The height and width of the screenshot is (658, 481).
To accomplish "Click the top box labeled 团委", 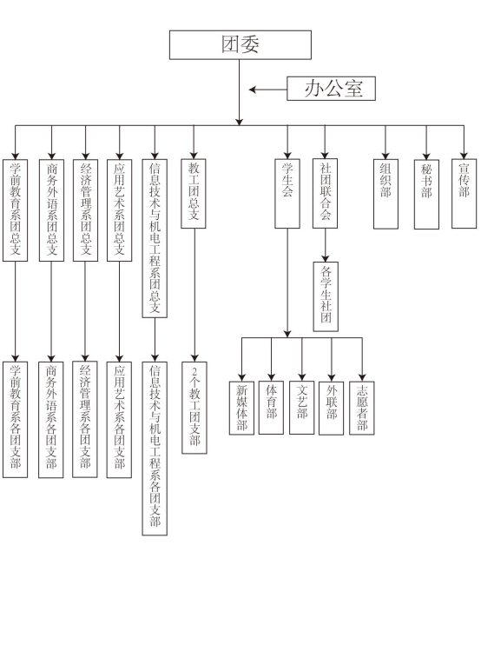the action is [x=240, y=45].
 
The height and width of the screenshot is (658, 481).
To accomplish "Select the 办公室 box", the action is [x=331, y=89].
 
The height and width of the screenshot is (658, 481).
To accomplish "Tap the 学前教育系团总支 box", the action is [x=15, y=210].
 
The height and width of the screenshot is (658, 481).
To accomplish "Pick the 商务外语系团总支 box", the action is [x=51, y=210].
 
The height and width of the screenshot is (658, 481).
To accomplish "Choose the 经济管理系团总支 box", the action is [x=85, y=210].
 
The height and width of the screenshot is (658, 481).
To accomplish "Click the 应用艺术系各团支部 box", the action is [x=120, y=420].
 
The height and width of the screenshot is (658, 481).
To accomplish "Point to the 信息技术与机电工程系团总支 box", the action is [x=155, y=238].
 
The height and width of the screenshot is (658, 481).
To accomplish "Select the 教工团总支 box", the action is [x=194, y=194].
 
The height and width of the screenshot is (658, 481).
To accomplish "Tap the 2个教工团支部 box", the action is [x=194, y=408].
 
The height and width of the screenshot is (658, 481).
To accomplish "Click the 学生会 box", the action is [x=287, y=194].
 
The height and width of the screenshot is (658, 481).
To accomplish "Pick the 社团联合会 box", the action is [x=325, y=194].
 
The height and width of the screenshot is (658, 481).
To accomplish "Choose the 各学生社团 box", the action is [x=326, y=296].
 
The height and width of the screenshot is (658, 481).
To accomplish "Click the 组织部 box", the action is [x=385, y=194].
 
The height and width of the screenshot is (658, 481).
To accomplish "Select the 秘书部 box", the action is [x=426, y=195].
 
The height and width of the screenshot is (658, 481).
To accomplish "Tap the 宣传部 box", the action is [x=465, y=194].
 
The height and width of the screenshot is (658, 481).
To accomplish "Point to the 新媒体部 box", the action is [x=241, y=408].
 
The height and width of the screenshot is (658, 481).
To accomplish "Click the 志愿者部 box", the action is [x=362, y=408].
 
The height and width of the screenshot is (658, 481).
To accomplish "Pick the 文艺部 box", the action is [x=301, y=408].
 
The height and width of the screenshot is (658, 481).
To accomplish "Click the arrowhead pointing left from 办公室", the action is [x=253, y=90].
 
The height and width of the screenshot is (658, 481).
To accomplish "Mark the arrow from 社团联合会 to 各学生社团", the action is [x=326, y=245].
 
